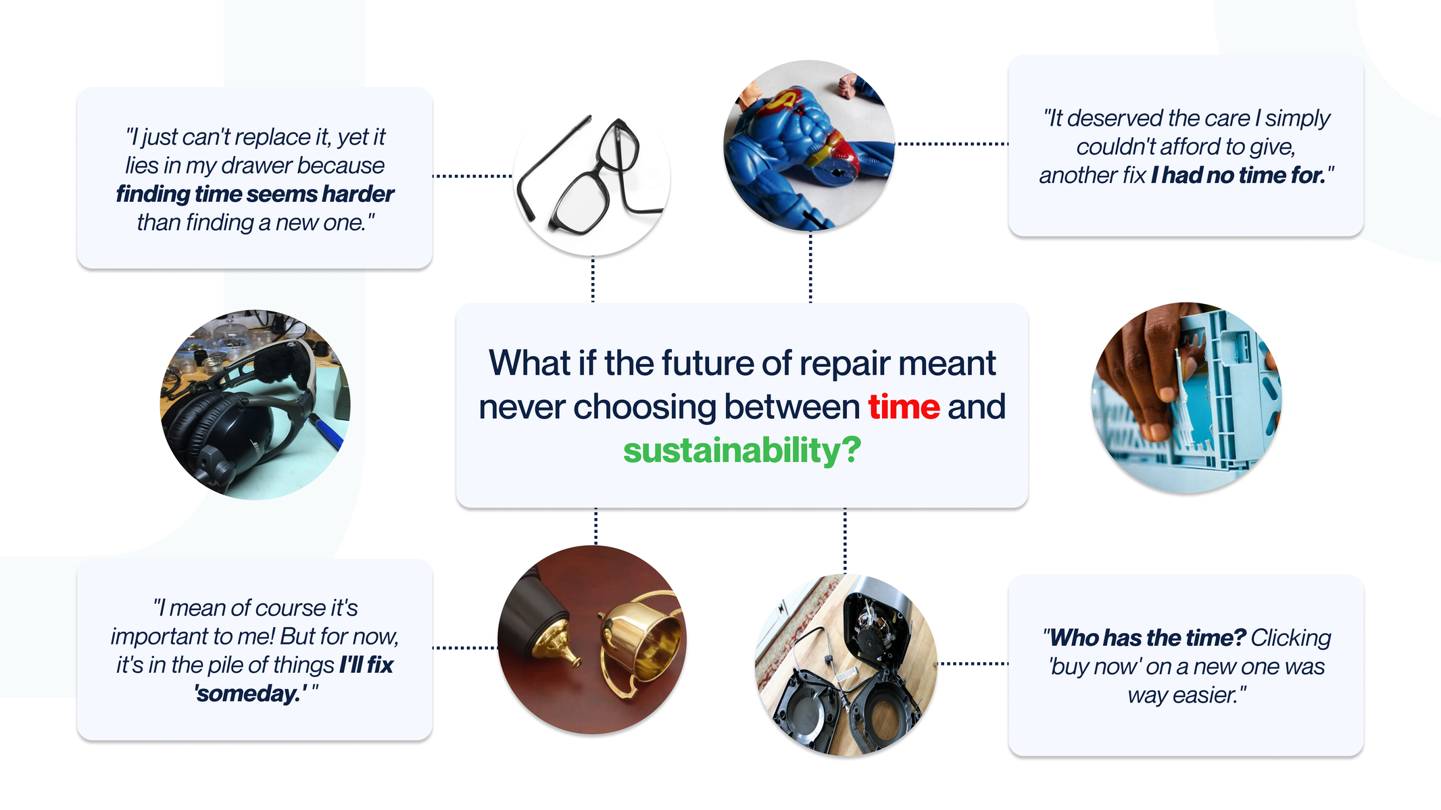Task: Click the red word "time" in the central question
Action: [x=904, y=407]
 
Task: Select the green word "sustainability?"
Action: [x=742, y=451]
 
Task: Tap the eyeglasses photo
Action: [x=592, y=177]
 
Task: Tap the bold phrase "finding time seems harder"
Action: [x=255, y=195]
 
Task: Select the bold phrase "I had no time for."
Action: [x=1239, y=176]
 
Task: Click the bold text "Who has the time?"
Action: [x=1147, y=638]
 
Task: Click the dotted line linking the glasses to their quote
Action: [x=472, y=176]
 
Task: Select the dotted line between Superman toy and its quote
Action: [x=952, y=144]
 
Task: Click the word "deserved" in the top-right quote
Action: [x=1114, y=119]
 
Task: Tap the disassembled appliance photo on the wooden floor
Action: [x=846, y=665]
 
